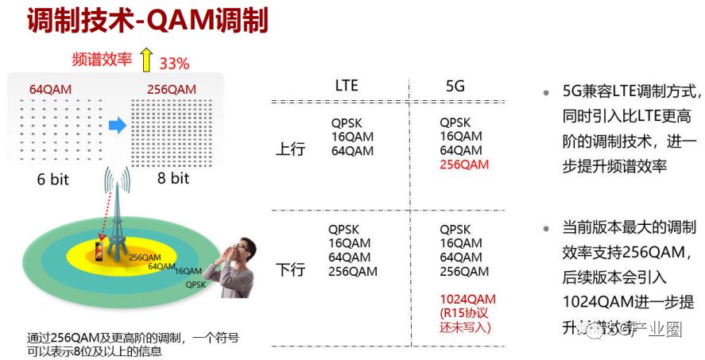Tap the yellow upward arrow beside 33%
click(x=145, y=60)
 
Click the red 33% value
click(x=174, y=63)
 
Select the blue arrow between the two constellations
click(x=117, y=126)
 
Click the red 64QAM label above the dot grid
click(x=51, y=90)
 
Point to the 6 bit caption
click(x=52, y=179)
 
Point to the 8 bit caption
click(x=172, y=178)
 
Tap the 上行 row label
click(x=290, y=149)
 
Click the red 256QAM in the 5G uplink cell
click(x=464, y=165)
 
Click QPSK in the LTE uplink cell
click(x=347, y=123)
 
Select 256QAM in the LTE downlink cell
click(x=353, y=272)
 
